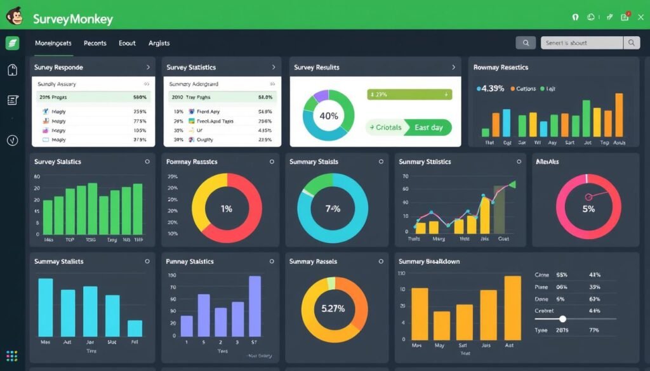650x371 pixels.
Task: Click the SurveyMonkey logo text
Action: pyautogui.click(x=72, y=19)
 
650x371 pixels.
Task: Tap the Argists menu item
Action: pyautogui.click(x=159, y=43)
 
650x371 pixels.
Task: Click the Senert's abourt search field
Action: pyautogui.click(x=581, y=43)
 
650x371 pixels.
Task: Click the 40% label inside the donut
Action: pyautogui.click(x=328, y=115)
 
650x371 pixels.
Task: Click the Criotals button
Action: pyautogui.click(x=388, y=127)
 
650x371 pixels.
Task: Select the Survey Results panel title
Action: pyautogui.click(x=317, y=67)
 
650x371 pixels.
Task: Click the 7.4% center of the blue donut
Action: pyautogui.click(x=333, y=208)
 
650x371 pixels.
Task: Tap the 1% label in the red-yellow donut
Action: pyautogui.click(x=227, y=208)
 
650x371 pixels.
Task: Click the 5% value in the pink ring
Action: pyautogui.click(x=588, y=208)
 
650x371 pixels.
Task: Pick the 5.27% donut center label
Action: pyautogui.click(x=333, y=309)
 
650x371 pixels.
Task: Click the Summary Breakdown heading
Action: pyautogui.click(x=428, y=261)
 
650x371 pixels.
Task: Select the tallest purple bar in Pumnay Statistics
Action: pyautogui.click(x=255, y=306)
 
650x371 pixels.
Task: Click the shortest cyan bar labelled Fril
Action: pyautogui.click(x=135, y=328)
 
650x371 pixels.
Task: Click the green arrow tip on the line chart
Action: pyautogui.click(x=512, y=185)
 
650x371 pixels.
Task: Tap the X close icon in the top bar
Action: pyautogui.click(x=640, y=18)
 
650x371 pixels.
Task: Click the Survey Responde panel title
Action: pyautogui.click(x=58, y=67)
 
